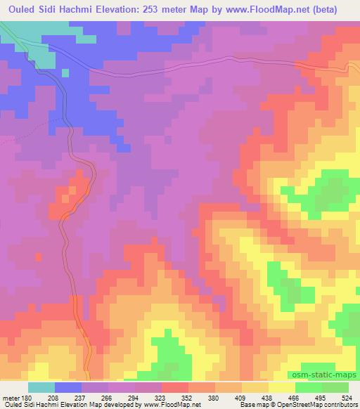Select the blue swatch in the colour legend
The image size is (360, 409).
tap(68, 387)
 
